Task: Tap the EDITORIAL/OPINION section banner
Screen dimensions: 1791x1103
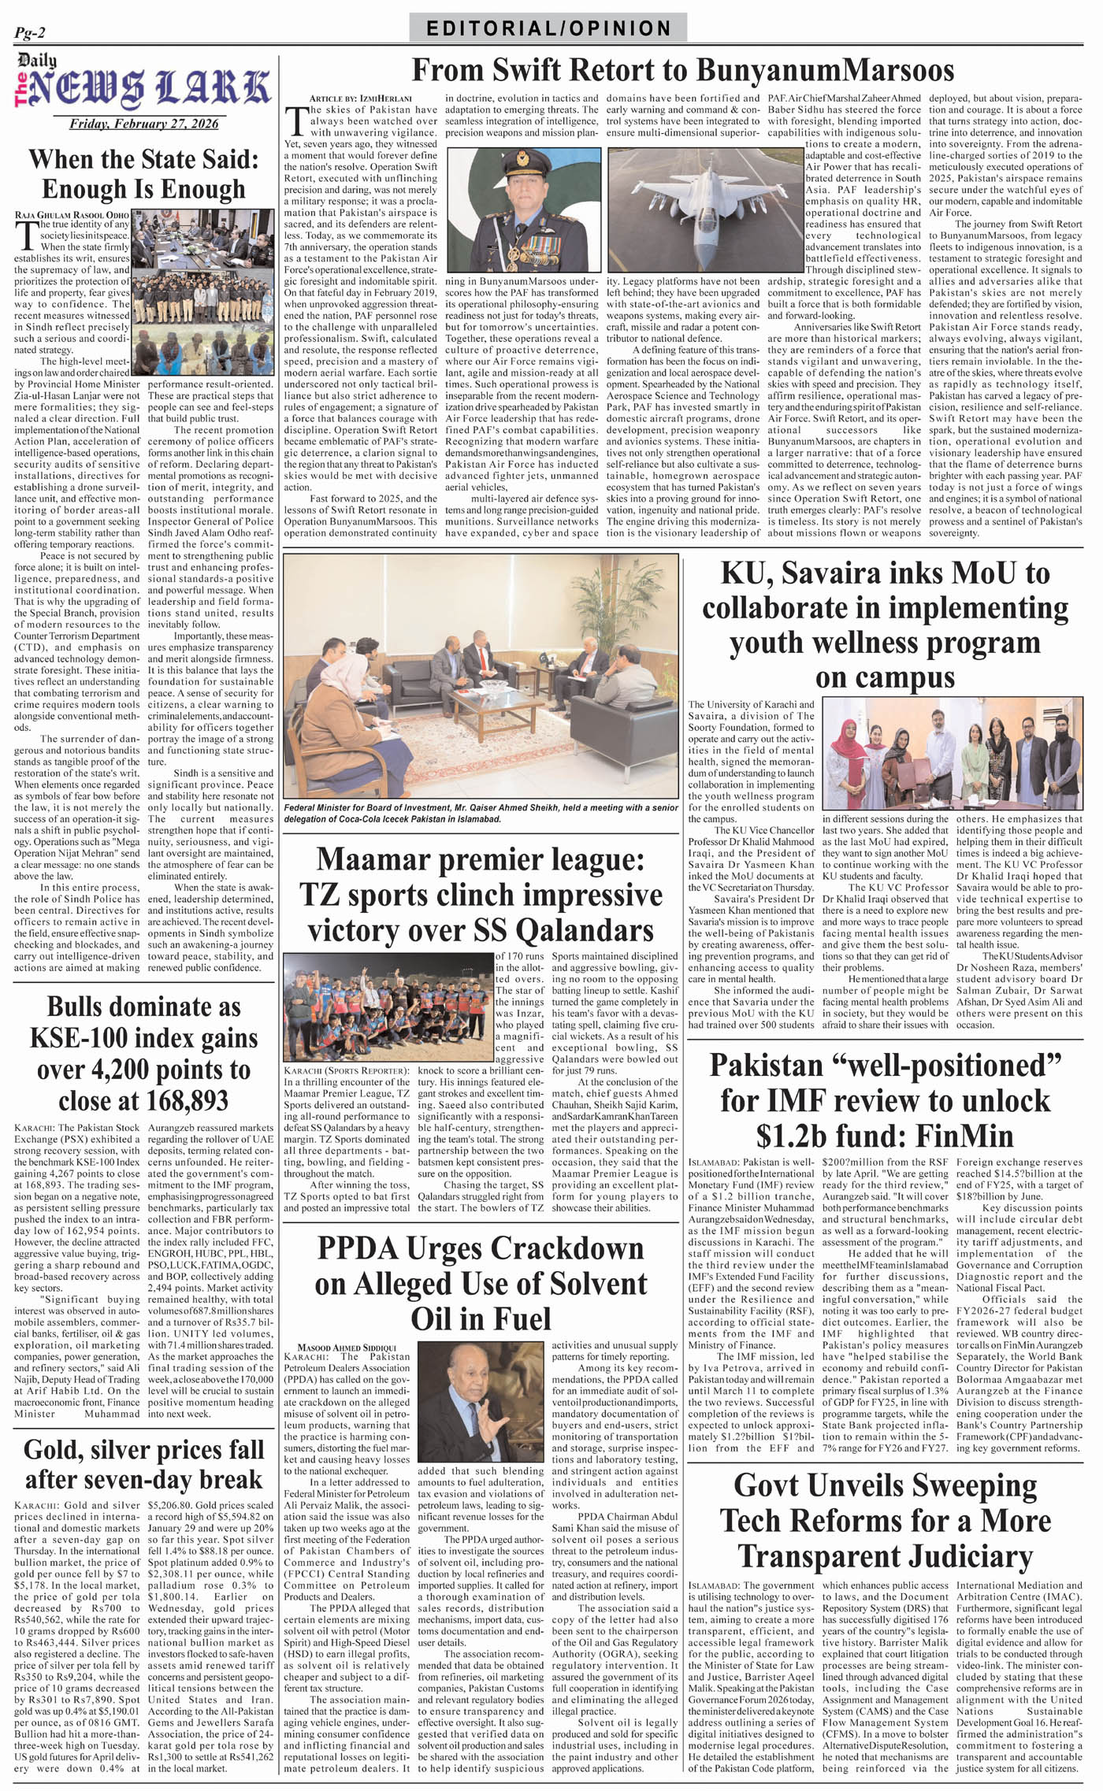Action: tap(548, 29)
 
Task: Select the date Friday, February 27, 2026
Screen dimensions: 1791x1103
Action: tap(143, 124)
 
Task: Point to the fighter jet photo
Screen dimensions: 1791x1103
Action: tap(684, 207)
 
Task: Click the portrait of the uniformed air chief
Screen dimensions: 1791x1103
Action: tap(522, 207)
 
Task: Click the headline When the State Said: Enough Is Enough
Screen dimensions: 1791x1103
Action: tap(143, 174)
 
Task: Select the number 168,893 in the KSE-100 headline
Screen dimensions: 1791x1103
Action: tap(186, 1099)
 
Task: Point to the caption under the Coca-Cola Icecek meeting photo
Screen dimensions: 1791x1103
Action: tap(481, 813)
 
